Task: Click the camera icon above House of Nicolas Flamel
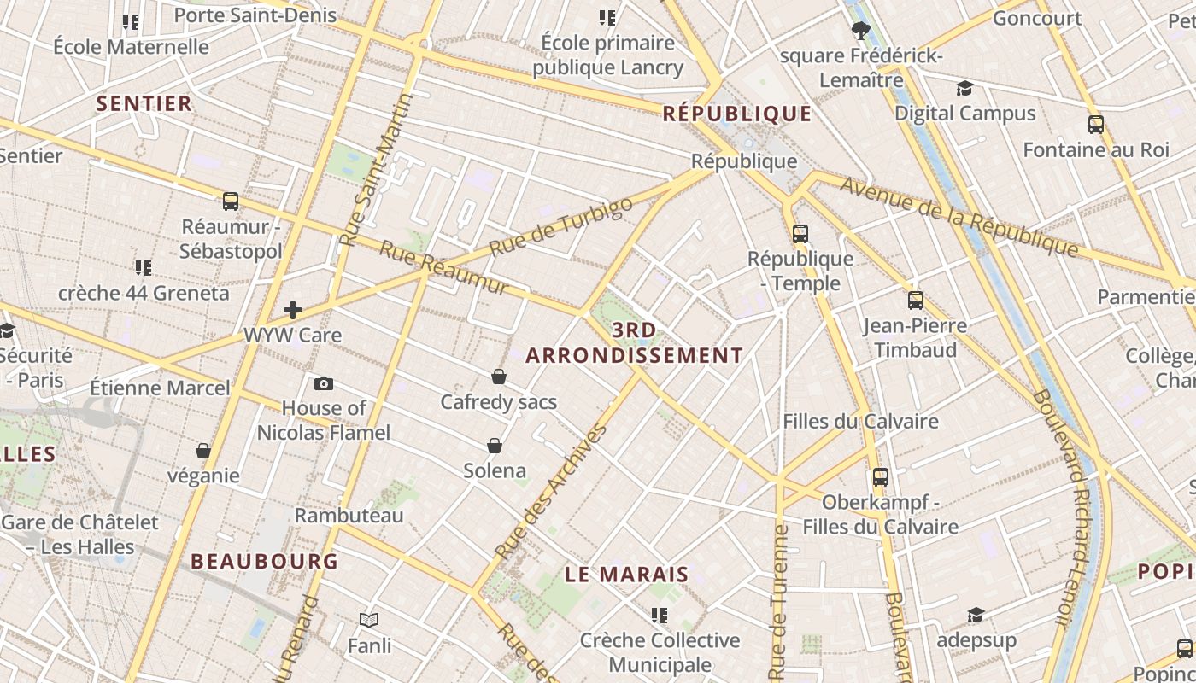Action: click(x=324, y=384)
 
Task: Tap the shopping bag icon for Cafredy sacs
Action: click(x=499, y=377)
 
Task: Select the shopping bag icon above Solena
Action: click(x=494, y=446)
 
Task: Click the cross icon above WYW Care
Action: click(x=293, y=310)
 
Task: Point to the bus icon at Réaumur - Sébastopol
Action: click(x=231, y=201)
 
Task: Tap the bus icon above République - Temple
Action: click(x=800, y=234)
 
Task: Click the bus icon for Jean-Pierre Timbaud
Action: click(x=915, y=301)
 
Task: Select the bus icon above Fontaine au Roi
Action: click(x=1096, y=125)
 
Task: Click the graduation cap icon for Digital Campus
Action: click(x=964, y=88)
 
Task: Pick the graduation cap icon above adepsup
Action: click(x=976, y=616)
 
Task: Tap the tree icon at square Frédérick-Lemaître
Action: click(x=860, y=32)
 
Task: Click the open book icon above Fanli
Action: click(x=369, y=621)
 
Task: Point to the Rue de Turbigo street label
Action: click(x=561, y=226)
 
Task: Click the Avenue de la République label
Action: click(x=959, y=216)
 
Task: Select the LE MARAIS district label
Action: click(x=627, y=575)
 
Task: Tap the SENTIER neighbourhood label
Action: click(x=144, y=104)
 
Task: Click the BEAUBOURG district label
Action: click(x=265, y=562)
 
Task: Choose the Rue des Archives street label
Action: click(x=551, y=491)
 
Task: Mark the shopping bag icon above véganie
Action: click(x=203, y=451)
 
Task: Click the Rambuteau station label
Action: click(x=349, y=516)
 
